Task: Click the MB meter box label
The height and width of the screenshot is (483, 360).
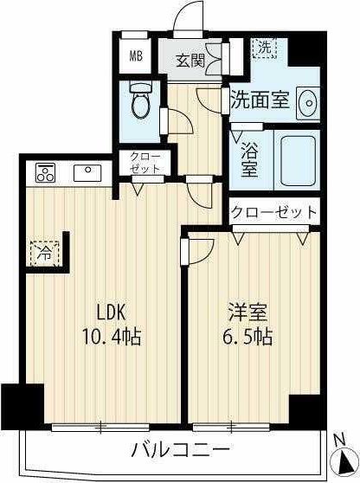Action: click(x=136, y=58)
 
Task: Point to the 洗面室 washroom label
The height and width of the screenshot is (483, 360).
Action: click(x=259, y=100)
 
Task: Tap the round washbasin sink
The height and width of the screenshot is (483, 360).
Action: click(x=307, y=103)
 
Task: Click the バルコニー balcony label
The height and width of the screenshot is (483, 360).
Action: click(x=181, y=450)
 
